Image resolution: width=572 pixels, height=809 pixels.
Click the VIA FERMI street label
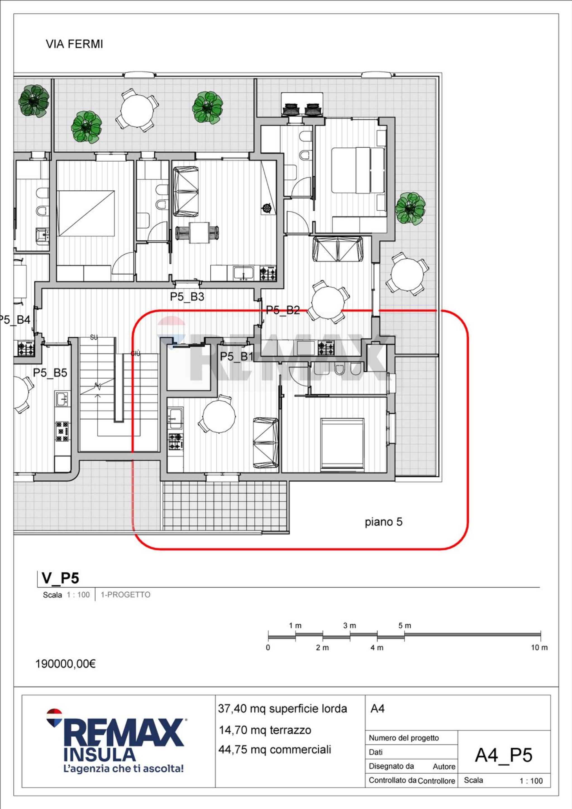(74, 44)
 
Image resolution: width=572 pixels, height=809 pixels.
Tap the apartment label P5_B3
(187, 297)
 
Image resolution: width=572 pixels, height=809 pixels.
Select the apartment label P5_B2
(283, 310)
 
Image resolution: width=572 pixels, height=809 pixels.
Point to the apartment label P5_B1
(237, 356)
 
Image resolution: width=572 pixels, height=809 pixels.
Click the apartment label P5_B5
(50, 373)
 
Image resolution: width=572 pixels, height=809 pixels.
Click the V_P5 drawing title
(60, 578)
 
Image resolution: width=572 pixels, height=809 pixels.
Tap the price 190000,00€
(66, 664)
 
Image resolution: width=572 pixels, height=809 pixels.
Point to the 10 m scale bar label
(539, 647)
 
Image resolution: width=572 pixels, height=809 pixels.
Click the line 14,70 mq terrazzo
(265, 730)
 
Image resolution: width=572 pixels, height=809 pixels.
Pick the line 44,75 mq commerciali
(275, 750)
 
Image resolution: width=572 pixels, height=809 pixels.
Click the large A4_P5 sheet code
(504, 755)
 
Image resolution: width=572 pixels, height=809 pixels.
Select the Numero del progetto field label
(404, 738)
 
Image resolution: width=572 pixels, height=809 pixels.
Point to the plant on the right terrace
(410, 209)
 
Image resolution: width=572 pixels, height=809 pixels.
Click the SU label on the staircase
(94, 338)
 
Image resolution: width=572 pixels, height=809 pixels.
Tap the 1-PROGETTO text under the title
(125, 595)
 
